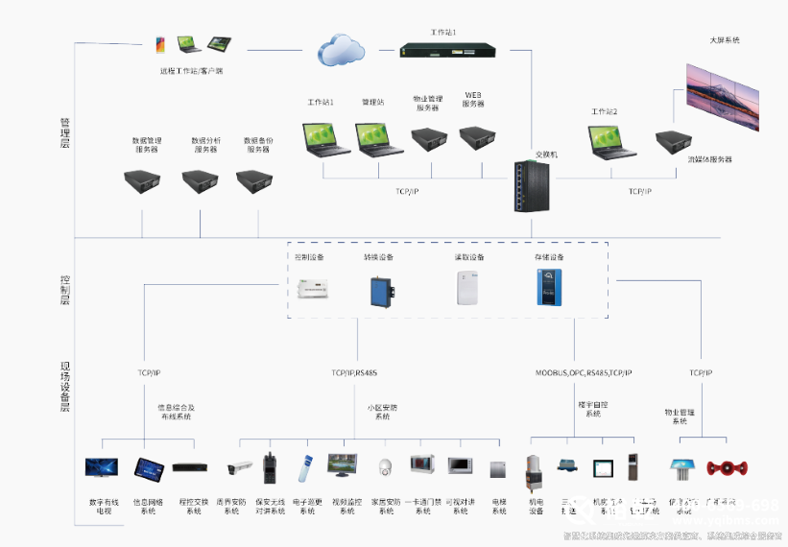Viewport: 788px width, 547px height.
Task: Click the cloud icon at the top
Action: (340, 47)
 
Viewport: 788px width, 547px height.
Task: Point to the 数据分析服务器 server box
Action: (204, 180)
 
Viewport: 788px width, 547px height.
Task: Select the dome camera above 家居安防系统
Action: (385, 468)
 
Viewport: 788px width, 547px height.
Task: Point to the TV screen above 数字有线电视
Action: (102, 468)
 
